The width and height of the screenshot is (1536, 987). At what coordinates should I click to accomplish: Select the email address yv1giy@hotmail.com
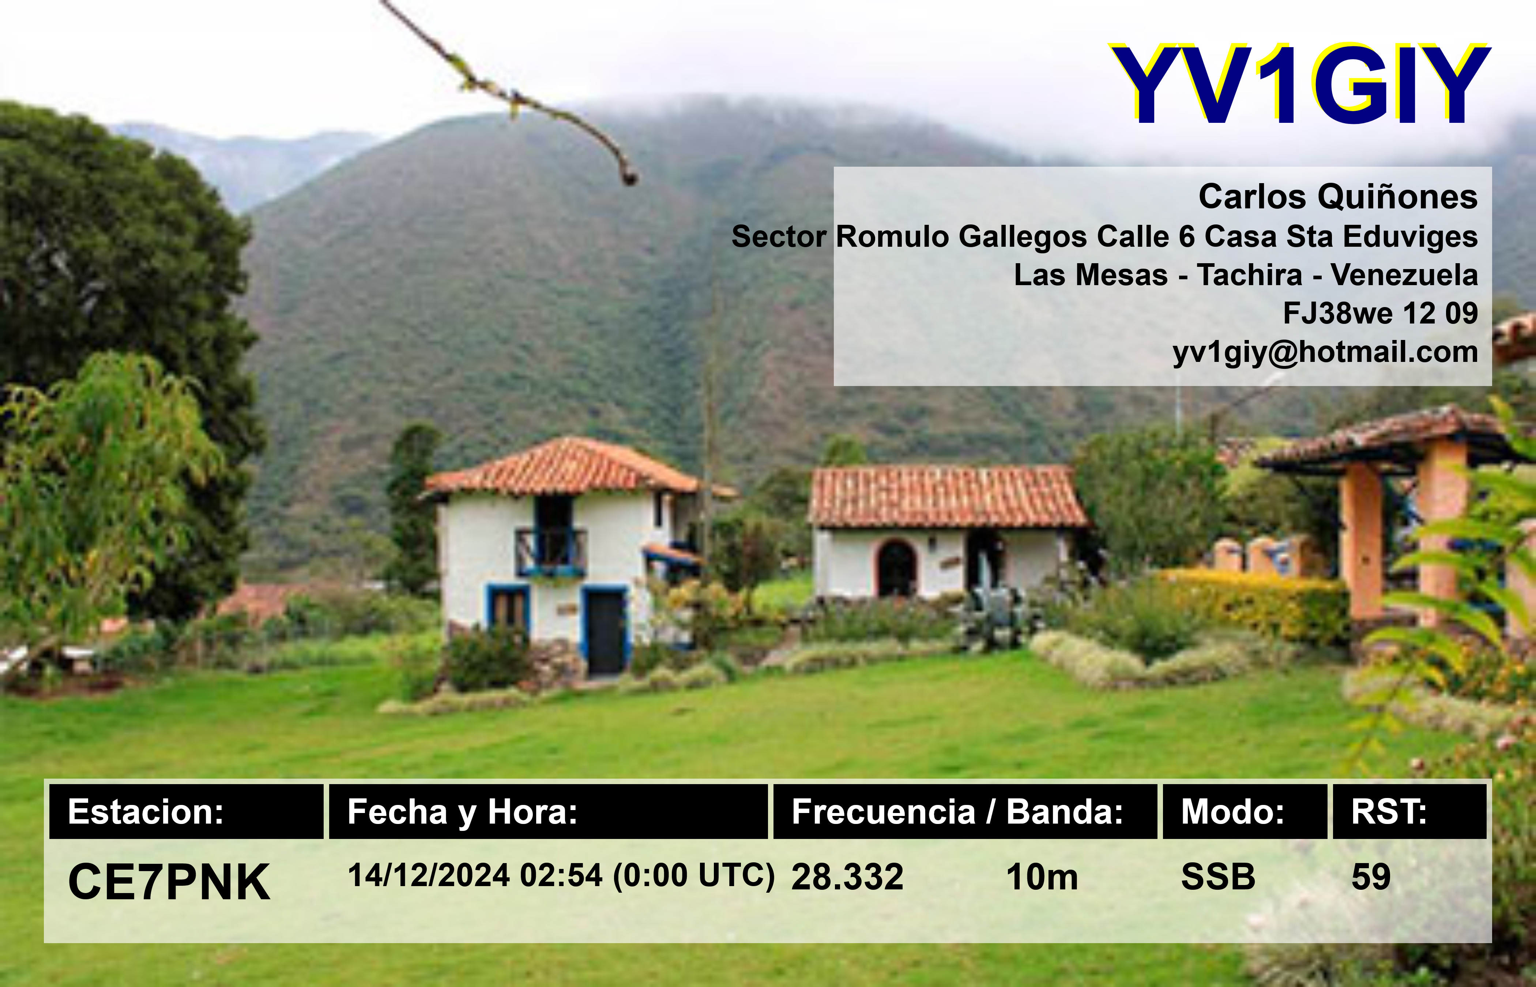pos(1325,352)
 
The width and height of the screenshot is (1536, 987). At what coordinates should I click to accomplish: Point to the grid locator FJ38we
pos(1337,313)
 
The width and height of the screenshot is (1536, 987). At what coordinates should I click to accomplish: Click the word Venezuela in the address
pos(1404,275)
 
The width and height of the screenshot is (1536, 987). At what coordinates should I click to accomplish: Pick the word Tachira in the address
pos(1249,275)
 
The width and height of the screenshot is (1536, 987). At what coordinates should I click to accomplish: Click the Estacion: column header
pos(146,812)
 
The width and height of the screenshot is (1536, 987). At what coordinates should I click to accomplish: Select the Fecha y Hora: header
pos(462,812)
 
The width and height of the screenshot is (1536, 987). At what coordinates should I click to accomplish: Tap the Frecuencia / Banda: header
pos(957,812)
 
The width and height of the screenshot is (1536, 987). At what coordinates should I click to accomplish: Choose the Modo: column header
pos(1232,812)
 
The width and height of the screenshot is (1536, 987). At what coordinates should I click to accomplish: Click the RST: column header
pos(1389,812)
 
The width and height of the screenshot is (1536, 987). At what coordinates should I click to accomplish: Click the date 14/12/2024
pos(428,876)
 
